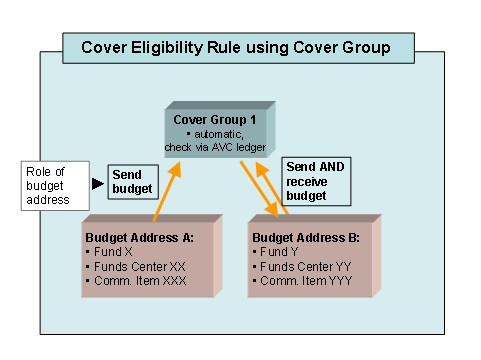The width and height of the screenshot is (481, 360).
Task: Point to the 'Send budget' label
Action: coord(132,181)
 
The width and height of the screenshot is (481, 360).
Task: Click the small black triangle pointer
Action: coord(97,183)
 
